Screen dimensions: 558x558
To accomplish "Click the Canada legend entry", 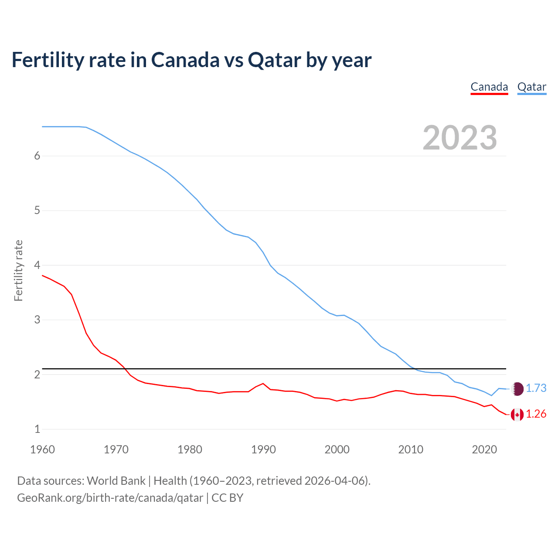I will click(489, 87).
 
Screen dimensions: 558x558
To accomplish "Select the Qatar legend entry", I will click(531, 87).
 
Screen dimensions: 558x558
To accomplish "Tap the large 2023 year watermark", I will click(459, 138).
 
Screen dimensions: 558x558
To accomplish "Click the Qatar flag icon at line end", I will click(517, 388).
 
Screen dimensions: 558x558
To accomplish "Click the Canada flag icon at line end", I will click(517, 415).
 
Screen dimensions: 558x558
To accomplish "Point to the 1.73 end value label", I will click(536, 388).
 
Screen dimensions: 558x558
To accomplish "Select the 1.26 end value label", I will click(536, 414).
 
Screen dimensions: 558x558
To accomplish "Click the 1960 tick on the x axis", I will click(42, 449).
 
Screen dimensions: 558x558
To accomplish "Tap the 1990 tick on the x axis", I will click(263, 449).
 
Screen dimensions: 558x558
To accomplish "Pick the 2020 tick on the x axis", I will click(484, 449).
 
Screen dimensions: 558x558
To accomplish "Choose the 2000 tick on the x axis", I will click(337, 449).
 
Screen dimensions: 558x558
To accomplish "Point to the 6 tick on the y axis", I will click(37, 156).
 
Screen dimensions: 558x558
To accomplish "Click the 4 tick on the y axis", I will click(37, 265).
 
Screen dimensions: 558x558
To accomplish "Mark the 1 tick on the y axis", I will click(37, 429).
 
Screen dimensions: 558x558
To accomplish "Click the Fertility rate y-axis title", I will click(18, 270).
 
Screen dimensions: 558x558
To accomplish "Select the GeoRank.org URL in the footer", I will click(110, 498).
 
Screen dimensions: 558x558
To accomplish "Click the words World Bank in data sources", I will click(116, 481).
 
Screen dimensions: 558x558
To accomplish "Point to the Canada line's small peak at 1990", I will click(263, 384).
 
